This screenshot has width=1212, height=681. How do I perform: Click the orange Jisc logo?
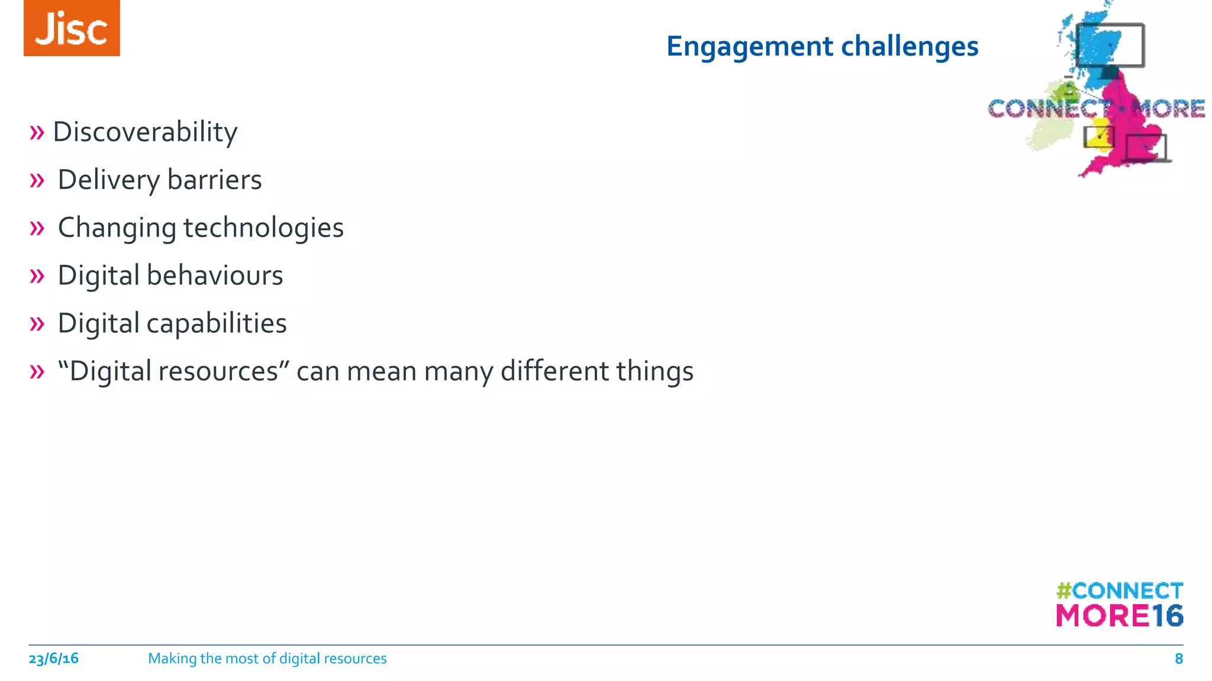click(x=72, y=28)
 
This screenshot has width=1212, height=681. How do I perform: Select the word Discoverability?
click(x=145, y=132)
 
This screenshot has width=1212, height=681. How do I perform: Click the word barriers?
click(x=214, y=180)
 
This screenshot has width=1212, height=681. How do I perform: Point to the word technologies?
click(x=263, y=228)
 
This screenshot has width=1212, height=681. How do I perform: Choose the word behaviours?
click(x=215, y=275)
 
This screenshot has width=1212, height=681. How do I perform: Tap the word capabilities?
click(x=217, y=323)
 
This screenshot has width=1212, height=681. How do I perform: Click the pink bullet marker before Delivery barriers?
click(x=37, y=180)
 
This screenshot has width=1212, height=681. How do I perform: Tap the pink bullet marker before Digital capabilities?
click(x=37, y=324)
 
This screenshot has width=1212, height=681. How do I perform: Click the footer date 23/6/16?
click(x=53, y=659)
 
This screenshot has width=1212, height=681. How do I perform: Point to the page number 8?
click(x=1178, y=659)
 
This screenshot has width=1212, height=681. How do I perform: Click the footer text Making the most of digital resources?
click(x=267, y=659)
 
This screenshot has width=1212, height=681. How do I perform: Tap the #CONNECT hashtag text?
click(x=1120, y=591)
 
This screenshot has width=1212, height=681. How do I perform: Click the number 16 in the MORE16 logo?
click(x=1167, y=616)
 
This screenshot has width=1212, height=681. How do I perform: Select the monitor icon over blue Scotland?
click(x=1110, y=46)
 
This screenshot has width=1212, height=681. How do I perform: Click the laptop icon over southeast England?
click(x=1146, y=148)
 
